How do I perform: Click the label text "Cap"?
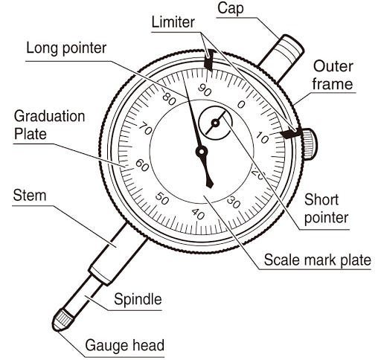(231, 8)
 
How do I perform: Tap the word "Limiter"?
(173, 22)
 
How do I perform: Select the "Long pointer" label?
(66, 48)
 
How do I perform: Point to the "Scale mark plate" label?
(317, 260)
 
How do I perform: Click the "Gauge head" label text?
(124, 345)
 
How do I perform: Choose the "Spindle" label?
(138, 299)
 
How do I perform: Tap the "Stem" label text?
(30, 196)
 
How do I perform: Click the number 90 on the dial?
(205, 90)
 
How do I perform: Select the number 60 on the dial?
(142, 165)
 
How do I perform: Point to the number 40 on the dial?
(198, 213)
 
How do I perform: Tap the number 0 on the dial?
(241, 105)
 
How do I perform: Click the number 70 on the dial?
(145, 129)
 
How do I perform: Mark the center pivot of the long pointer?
(202, 152)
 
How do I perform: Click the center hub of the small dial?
(215, 123)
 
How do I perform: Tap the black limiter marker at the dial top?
(208, 60)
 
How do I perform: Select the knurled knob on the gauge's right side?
(310, 144)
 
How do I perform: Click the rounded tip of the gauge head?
(57, 327)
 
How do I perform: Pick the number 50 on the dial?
(162, 199)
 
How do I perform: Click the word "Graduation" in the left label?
(49, 116)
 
